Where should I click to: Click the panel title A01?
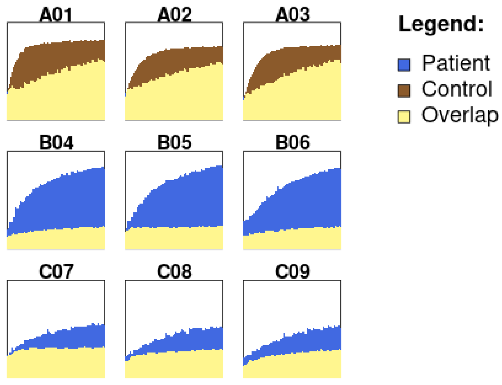(56, 14)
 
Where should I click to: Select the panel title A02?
(174, 14)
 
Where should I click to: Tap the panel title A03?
(293, 14)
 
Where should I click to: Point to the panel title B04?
(56, 142)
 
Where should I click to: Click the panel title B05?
(174, 142)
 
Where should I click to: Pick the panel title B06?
(293, 142)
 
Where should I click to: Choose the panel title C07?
(56, 271)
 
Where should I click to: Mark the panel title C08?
(174, 271)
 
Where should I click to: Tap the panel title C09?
(293, 271)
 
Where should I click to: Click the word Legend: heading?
(441, 24)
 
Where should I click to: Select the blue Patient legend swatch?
(404, 65)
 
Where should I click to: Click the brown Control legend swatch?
(404, 91)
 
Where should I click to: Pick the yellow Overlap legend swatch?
(404, 117)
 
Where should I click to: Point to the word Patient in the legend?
(456, 63)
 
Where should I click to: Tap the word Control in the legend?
(457, 89)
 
